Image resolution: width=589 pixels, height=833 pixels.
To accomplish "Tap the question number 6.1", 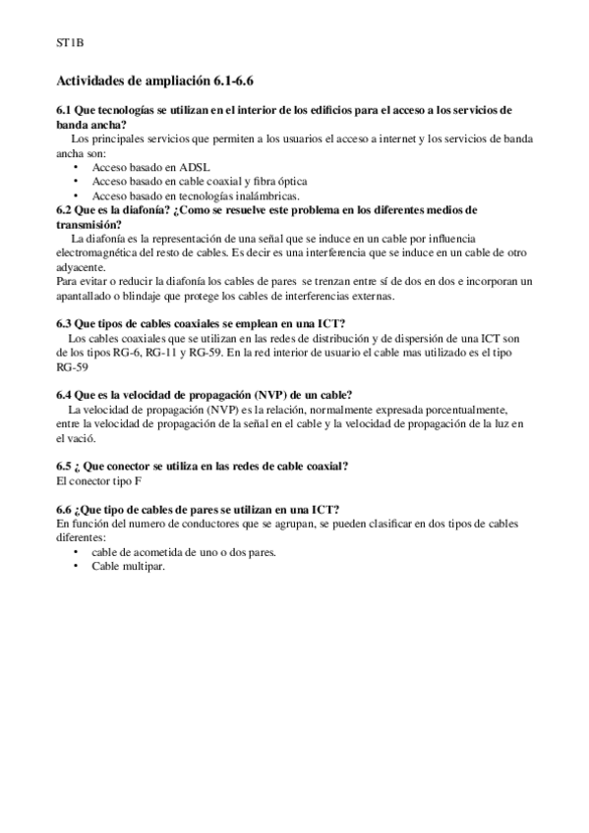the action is (x=67, y=111).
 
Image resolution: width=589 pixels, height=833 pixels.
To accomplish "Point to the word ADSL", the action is (x=195, y=167).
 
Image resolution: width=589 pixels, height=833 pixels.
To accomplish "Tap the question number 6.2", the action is (x=67, y=209).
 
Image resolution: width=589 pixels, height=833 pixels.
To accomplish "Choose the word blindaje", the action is (x=172, y=296).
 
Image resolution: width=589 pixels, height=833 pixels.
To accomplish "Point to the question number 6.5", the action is (x=67, y=465).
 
